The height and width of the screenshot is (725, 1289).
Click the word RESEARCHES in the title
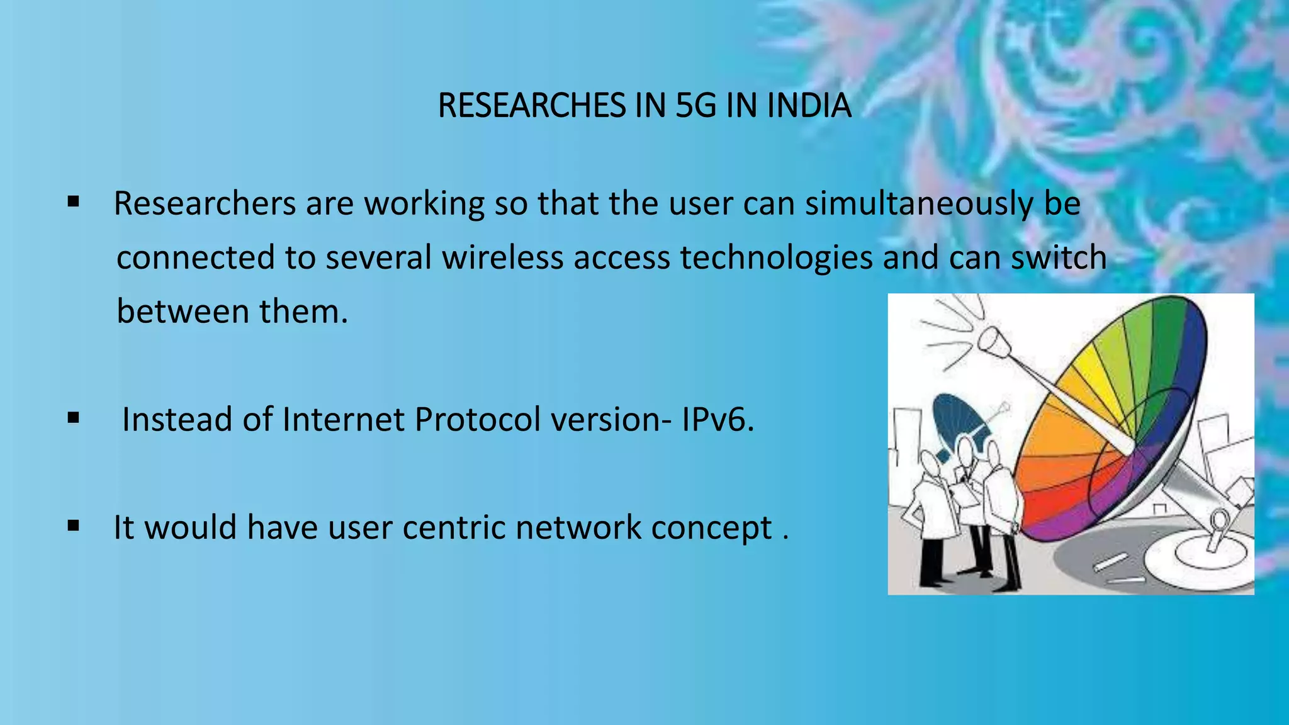point(532,105)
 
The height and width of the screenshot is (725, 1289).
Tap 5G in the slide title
point(695,105)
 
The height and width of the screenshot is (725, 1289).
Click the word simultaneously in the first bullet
point(919,204)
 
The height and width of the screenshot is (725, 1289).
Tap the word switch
point(1059,257)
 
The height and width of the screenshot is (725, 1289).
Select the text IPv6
point(718,419)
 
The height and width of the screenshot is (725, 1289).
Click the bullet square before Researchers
point(74,203)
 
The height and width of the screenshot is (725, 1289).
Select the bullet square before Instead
point(74,418)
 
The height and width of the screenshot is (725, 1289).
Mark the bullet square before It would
point(74,526)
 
